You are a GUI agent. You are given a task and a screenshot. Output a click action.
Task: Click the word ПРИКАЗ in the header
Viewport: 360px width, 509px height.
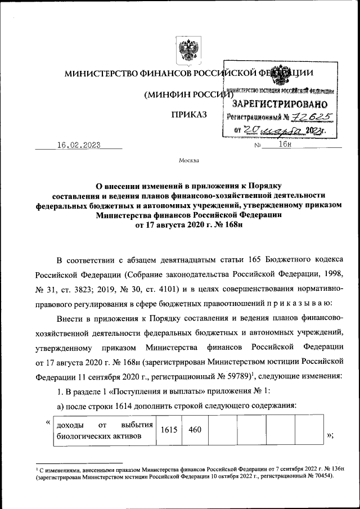(x=189, y=115)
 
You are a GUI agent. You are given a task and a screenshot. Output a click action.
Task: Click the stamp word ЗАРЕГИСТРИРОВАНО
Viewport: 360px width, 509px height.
(x=280, y=104)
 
